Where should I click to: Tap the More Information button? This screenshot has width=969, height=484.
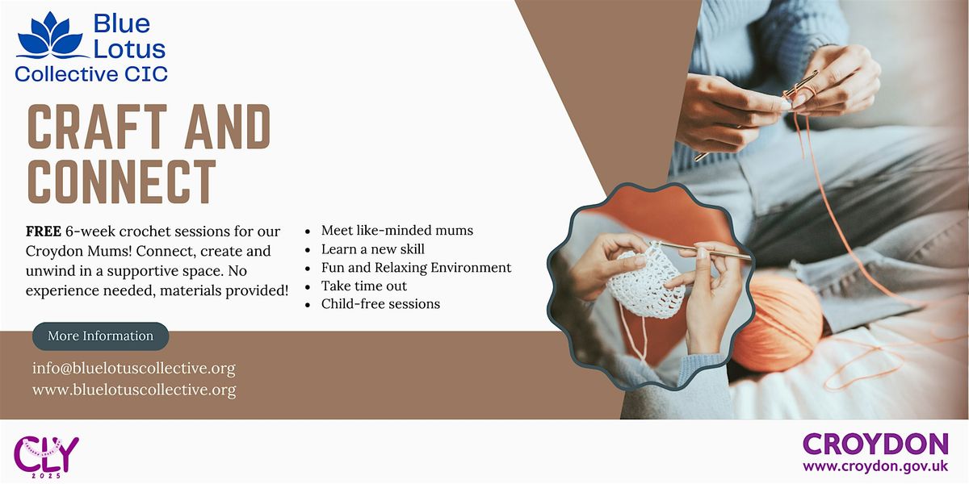[100, 336]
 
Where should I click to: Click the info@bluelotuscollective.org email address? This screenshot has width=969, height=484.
[134, 369]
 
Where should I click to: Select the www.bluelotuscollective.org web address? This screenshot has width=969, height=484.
[134, 390]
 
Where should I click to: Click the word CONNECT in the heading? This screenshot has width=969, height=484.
[122, 181]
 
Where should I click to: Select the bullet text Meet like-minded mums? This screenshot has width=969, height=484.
[396, 231]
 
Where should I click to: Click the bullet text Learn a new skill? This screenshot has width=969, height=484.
[372, 249]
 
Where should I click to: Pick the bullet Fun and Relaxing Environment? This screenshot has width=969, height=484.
[416, 268]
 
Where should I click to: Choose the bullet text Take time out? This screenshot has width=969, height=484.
[363, 286]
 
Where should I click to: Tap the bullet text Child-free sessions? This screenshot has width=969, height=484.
[380, 304]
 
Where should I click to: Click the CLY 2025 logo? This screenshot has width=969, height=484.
[47, 454]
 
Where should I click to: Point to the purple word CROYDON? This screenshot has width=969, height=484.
[875, 444]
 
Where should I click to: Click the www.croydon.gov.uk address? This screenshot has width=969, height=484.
[875, 466]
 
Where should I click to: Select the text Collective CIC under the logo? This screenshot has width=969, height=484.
[91, 74]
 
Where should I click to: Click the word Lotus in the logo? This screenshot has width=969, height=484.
[129, 48]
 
